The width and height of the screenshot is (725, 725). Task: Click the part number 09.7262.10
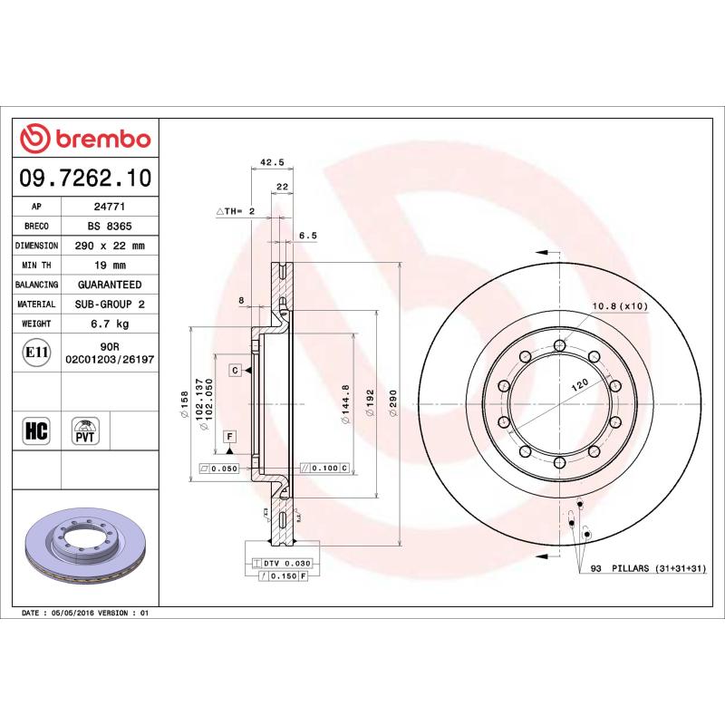[84, 179]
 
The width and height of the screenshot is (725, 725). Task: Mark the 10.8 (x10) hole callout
[620, 306]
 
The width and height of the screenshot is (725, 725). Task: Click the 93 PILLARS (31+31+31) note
[648, 568]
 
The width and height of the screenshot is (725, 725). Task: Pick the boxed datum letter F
[230, 437]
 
